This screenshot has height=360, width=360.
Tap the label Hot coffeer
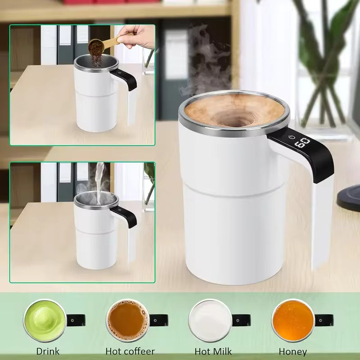(x=130, y=351)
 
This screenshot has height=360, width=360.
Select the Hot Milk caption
(x=212, y=351)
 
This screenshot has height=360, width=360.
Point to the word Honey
(x=292, y=351)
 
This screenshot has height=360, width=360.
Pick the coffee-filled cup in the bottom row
(x=127, y=320)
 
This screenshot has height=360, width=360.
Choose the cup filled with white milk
(x=209, y=320)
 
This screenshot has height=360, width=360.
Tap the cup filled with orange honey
(x=292, y=320)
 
